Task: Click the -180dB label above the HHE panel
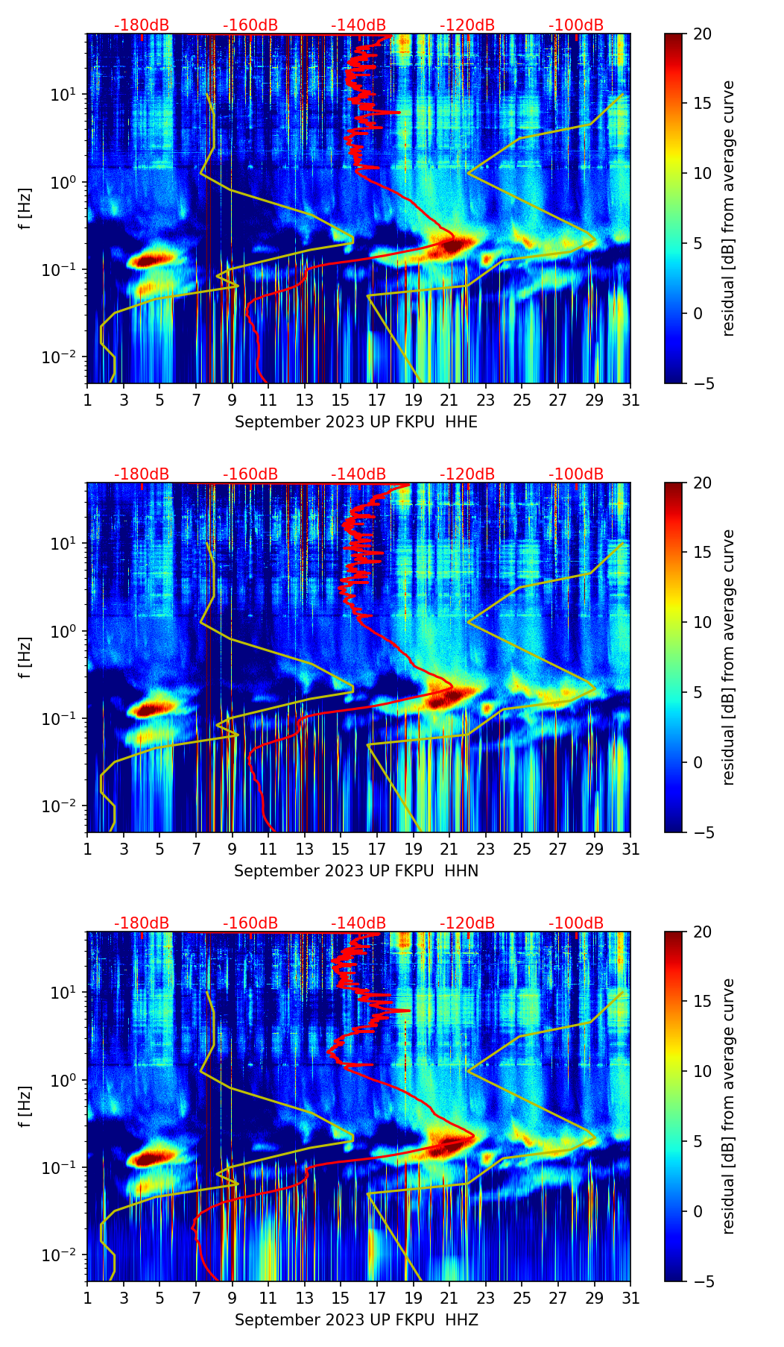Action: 142,25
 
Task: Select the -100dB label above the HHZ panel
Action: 576,923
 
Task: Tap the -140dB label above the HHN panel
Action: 358,474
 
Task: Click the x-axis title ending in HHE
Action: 356,422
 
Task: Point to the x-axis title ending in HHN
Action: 356,871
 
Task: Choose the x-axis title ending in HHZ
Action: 356,1320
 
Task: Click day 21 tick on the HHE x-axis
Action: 449,400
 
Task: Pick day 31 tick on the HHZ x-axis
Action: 630,1298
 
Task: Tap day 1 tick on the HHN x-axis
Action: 88,849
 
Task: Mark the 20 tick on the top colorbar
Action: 702,34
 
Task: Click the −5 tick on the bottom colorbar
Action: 702,1281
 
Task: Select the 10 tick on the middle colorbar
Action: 702,622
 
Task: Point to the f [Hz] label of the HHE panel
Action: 25,209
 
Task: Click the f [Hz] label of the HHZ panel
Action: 25,1107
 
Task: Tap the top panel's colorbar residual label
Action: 729,209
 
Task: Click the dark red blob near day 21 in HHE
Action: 451,245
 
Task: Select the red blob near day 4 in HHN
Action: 151,709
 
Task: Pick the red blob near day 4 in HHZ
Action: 151,1158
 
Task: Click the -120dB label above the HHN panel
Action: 467,474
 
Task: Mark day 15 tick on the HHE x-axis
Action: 341,400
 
